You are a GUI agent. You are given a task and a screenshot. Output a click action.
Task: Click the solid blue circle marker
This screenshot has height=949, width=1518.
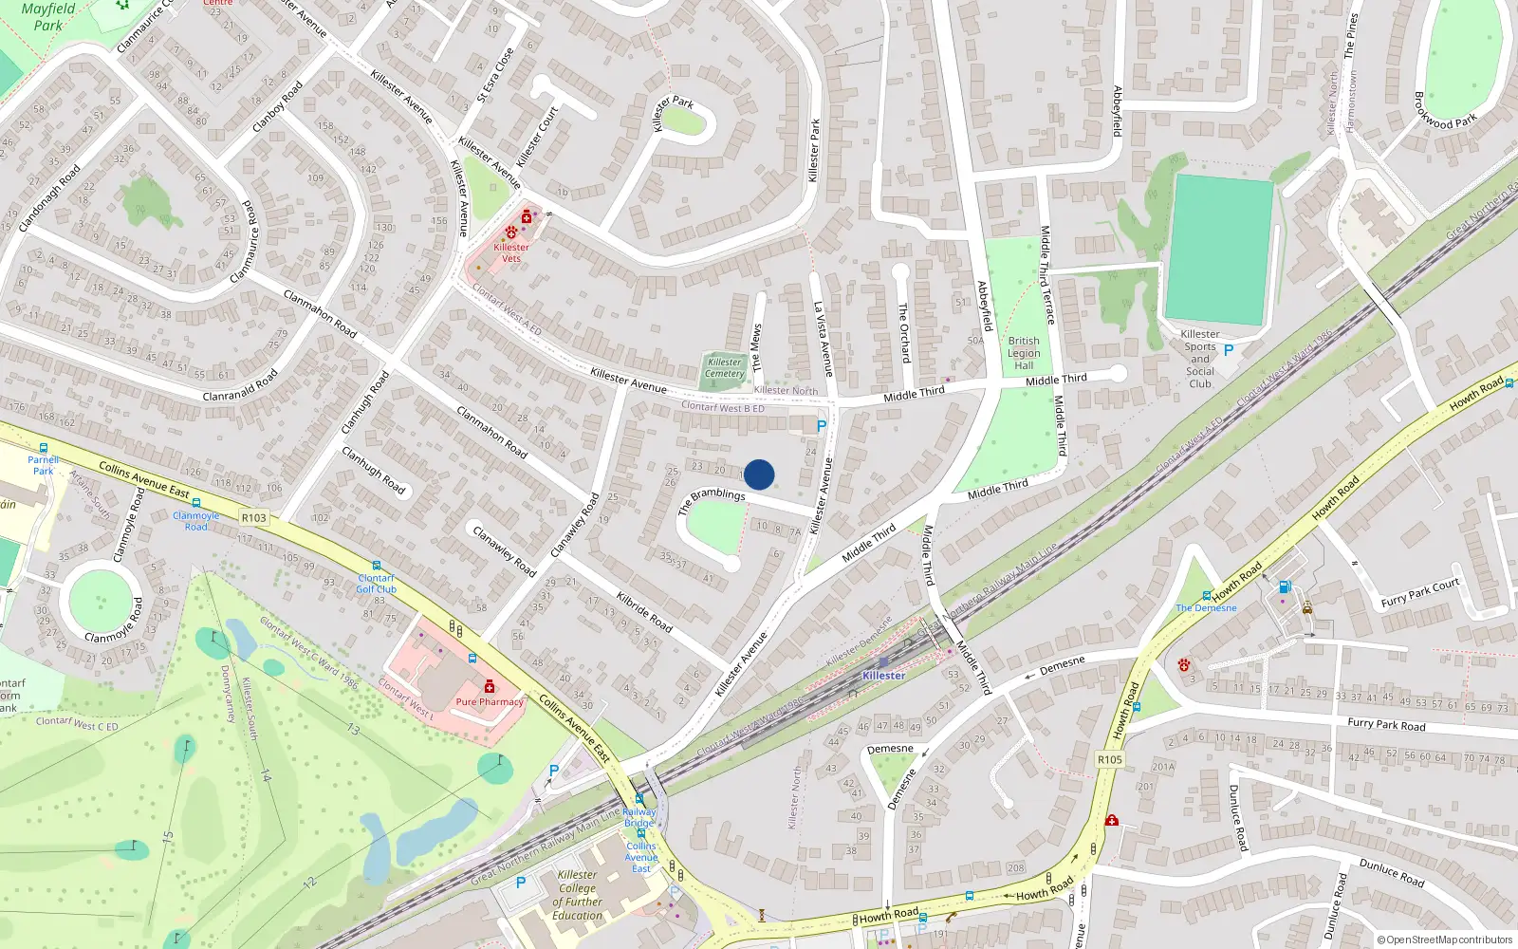(x=759, y=474)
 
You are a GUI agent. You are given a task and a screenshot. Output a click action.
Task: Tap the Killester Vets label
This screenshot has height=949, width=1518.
(x=511, y=252)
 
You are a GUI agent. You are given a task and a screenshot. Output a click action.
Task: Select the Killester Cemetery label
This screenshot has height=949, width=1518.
(x=725, y=368)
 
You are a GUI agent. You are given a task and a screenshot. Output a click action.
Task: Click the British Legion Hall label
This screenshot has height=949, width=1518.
(x=1024, y=353)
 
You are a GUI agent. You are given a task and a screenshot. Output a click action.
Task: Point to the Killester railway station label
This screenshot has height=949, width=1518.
(x=883, y=676)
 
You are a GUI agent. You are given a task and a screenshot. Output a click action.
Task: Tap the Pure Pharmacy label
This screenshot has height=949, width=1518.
(x=490, y=702)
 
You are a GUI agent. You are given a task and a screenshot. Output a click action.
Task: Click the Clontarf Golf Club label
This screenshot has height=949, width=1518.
(x=377, y=584)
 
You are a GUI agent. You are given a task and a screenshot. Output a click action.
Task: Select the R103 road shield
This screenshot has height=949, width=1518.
(x=254, y=518)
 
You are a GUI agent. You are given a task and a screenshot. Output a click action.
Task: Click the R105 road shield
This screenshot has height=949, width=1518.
(x=1110, y=759)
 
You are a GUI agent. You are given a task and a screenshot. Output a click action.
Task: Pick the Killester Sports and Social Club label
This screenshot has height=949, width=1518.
(x=1200, y=359)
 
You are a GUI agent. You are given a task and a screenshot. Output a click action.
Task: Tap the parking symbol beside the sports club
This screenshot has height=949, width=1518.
(x=1229, y=350)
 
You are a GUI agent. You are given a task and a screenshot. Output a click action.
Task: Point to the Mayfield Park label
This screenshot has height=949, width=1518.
(x=47, y=16)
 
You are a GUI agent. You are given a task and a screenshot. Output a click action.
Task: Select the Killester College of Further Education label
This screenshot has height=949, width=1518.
(x=578, y=895)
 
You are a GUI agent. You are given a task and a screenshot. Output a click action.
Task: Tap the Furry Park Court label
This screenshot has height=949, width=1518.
(x=1420, y=593)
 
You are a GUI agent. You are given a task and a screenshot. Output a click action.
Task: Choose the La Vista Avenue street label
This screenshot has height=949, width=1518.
(x=824, y=339)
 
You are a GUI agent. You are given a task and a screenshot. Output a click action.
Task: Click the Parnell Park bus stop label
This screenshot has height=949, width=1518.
(x=43, y=465)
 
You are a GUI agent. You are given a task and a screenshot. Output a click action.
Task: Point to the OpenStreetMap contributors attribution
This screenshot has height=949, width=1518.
(x=1444, y=940)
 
